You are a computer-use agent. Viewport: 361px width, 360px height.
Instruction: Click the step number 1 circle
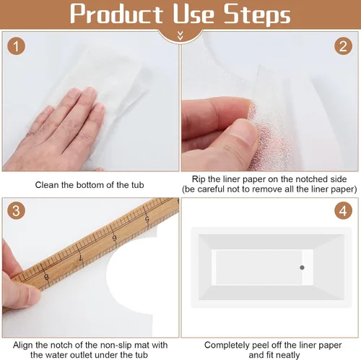click(x=16, y=46)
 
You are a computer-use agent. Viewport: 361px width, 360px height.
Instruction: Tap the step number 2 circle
click(x=343, y=46)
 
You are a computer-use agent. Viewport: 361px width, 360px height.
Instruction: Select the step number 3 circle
click(x=16, y=210)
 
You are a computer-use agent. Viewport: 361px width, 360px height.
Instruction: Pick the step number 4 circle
click(x=343, y=210)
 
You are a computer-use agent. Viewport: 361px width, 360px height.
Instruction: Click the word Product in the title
click(x=116, y=14)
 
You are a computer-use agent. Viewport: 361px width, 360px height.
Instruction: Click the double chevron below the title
click(x=180, y=35)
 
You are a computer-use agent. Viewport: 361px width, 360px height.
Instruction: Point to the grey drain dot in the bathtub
click(x=302, y=267)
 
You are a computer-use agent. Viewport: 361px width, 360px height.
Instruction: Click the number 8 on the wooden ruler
click(x=46, y=277)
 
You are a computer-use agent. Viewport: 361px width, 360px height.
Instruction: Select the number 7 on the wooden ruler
click(x=81, y=257)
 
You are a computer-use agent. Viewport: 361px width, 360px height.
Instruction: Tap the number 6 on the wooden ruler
click(x=115, y=238)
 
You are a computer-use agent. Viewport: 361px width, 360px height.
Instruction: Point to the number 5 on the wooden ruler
click(x=147, y=219)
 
